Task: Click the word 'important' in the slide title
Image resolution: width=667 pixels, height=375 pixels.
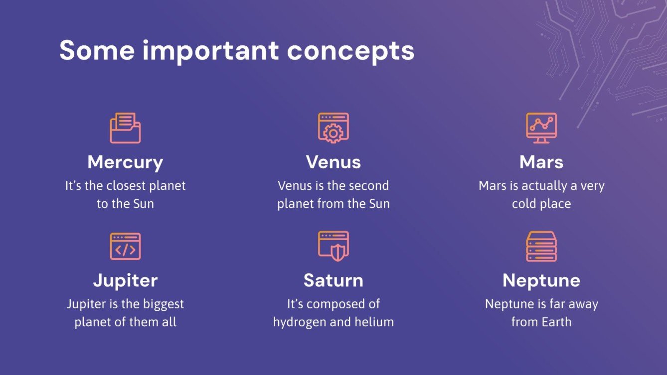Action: click(x=210, y=51)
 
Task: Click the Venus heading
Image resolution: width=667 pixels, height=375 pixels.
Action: click(x=333, y=162)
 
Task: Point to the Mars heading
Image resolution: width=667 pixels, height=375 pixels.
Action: click(x=541, y=162)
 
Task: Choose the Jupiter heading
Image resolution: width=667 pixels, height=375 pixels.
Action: click(x=125, y=281)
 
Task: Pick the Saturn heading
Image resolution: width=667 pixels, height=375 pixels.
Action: click(x=333, y=280)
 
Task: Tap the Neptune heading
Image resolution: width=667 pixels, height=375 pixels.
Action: click(x=541, y=281)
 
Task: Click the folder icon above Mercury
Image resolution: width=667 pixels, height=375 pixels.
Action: click(x=125, y=128)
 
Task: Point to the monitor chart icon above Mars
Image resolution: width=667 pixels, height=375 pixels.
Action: click(x=541, y=128)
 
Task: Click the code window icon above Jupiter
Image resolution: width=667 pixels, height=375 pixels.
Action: click(x=125, y=246)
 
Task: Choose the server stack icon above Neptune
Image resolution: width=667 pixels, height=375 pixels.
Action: click(x=541, y=246)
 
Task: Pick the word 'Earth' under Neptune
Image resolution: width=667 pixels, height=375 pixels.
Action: click(x=556, y=322)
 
